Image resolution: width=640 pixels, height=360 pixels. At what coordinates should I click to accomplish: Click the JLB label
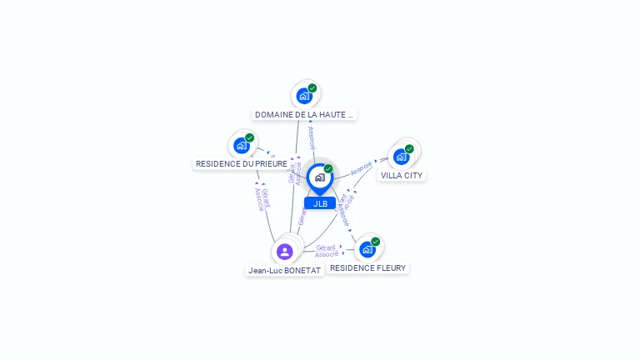[x=320, y=203]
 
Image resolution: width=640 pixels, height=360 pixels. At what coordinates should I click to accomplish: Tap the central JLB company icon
[x=319, y=177]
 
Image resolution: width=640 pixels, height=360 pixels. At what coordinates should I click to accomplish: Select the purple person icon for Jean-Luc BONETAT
[x=285, y=252]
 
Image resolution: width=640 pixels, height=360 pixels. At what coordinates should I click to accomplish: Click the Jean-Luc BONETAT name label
[x=284, y=271]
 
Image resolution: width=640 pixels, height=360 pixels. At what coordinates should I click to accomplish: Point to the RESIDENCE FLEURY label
[x=367, y=268]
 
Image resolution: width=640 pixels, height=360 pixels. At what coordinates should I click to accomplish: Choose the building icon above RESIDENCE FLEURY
[x=367, y=249]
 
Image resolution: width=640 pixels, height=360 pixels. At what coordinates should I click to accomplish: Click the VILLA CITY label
[x=402, y=176]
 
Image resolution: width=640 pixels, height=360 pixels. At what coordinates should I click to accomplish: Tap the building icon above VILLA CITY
[x=402, y=157]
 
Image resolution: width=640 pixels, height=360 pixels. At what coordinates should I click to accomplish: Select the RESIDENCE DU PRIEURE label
[x=242, y=164]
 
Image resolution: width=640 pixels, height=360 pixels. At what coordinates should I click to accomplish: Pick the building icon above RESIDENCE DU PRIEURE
[x=241, y=146]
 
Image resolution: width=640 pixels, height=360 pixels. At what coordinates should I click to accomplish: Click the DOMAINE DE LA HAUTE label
[x=304, y=115]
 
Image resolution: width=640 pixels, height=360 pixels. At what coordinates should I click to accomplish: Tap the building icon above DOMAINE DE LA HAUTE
[x=304, y=96]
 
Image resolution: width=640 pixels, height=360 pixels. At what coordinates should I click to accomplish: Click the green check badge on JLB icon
[x=328, y=169]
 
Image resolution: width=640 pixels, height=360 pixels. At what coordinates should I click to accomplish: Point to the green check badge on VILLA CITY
[x=409, y=149]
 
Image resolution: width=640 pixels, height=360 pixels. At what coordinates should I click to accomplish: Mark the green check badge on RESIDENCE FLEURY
[x=375, y=242]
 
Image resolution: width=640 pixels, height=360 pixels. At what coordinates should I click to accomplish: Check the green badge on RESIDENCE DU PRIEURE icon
[x=249, y=138]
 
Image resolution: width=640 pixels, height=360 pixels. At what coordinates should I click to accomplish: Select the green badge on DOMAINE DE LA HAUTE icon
[x=312, y=88]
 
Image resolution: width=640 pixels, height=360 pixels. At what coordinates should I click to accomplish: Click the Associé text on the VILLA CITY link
[x=362, y=167]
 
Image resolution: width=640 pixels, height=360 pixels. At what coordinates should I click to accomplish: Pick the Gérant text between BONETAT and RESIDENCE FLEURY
[x=326, y=247]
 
